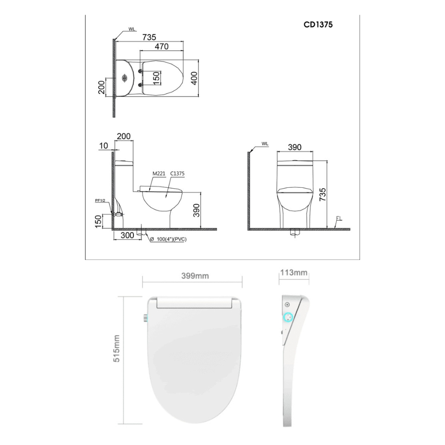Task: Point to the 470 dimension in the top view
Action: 161,46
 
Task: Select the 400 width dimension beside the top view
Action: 194,78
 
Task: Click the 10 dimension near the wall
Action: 104,146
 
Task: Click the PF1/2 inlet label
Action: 100,201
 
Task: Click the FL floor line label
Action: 339,218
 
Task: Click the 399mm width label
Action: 195,276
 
